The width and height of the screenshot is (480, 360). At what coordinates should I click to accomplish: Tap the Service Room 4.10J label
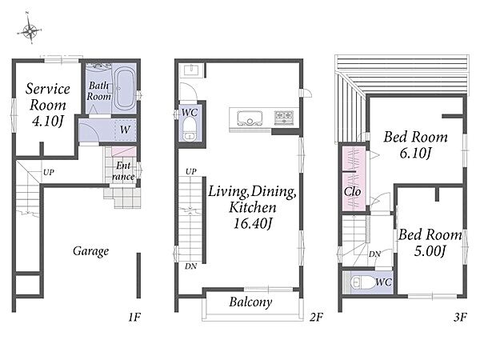pos(48,105)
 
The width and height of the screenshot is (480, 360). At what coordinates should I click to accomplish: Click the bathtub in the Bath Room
pos(125,89)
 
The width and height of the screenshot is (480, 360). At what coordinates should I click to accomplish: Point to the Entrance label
pos(123,171)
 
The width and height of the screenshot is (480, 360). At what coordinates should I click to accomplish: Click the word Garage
pos(90,251)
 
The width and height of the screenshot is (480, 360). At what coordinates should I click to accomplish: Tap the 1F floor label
pos(134,317)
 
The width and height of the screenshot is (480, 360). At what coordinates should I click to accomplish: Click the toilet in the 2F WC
pos(190,130)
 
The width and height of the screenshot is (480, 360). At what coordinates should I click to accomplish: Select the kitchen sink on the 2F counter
pos(250,118)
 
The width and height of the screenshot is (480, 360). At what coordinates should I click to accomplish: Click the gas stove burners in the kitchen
pos(284,116)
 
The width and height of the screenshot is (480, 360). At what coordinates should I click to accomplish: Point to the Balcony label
pos(250,302)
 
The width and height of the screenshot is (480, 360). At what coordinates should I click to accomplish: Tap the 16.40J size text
pos(252,223)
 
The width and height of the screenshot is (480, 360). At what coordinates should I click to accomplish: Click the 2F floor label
pos(316,317)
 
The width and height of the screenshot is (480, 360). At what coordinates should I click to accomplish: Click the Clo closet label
pos(352,192)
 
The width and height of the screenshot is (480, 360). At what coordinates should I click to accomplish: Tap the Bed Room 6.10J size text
pos(415,153)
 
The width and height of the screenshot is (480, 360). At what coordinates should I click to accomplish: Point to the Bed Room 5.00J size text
pos(430,250)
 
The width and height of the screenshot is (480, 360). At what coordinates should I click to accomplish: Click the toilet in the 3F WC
pos(361,282)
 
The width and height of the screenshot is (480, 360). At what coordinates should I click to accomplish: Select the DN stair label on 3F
pos(374,254)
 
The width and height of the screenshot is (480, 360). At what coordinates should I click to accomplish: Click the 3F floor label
pos(460,317)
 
